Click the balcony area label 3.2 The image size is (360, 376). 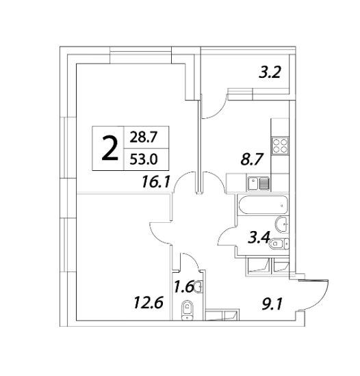pos(270,72)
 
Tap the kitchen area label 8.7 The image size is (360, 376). pos(253,159)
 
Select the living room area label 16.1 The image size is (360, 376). pos(156,182)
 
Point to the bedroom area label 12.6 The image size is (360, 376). pos(149,302)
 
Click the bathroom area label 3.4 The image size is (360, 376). pos(259,238)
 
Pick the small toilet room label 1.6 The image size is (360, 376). pos(183,287)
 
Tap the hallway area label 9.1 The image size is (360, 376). pos(272,304)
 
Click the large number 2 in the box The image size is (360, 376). pos(110,148)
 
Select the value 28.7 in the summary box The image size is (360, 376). pos(143,137)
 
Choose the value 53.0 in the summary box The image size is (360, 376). pos(144,159)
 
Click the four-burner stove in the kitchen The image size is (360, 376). pos(280,146)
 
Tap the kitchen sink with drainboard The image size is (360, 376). pos(259,183)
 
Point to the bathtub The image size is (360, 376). pos(263,205)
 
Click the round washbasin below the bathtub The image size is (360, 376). pos(282,224)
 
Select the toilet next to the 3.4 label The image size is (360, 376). pos(279,244)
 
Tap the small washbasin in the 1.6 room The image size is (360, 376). pos(198,286)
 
